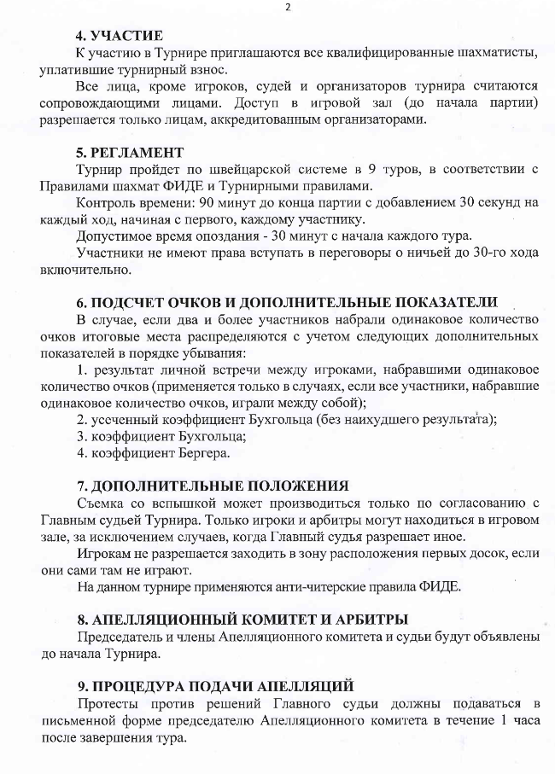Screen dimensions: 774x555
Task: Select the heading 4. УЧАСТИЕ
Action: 120,36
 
